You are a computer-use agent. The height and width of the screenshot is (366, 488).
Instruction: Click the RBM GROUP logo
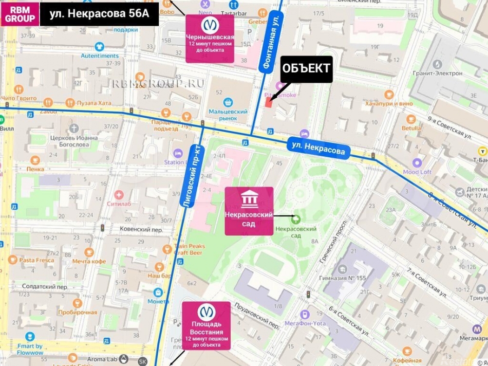20,14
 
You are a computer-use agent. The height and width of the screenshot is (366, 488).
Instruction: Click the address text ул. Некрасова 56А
99,14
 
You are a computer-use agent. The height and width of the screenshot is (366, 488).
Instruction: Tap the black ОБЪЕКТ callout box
306,69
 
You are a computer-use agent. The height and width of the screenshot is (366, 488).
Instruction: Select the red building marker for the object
269,102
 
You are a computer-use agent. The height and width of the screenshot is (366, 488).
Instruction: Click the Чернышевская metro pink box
210,39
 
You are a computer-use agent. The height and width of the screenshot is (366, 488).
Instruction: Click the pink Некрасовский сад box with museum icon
249,211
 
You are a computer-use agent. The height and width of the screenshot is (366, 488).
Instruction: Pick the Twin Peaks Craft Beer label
189,249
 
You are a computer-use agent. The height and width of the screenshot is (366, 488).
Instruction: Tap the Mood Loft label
417,172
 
